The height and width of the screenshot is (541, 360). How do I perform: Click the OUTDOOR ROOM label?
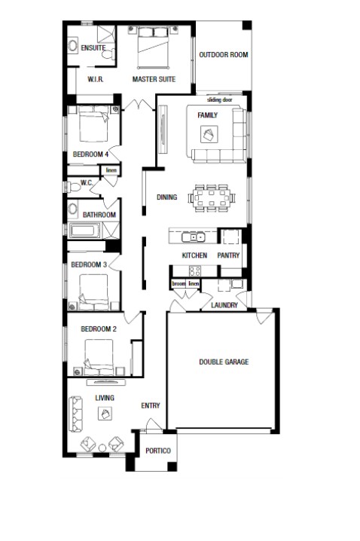coord(224,54)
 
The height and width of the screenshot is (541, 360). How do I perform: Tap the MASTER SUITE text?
coord(154,79)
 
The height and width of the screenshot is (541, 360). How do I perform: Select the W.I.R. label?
coord(96,79)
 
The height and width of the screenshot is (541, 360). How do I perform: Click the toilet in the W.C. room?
coord(73,188)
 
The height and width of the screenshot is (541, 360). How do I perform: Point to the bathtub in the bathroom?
coord(84,231)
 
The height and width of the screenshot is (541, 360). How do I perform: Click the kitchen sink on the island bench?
coord(194,237)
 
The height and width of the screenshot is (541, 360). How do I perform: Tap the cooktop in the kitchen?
coord(195,270)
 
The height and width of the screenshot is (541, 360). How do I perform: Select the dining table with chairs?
coord(212,198)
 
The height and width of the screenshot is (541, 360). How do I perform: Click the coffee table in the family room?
coord(209,134)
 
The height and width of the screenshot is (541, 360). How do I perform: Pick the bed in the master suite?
coord(153,47)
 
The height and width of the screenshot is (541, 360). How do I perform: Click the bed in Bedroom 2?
coord(99,357)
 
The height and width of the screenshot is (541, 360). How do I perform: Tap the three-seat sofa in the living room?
coord(75,414)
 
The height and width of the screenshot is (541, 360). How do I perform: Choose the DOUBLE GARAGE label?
coord(224,362)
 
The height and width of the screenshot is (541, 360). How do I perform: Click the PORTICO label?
coord(158,451)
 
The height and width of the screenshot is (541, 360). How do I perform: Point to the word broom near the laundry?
coord(178,283)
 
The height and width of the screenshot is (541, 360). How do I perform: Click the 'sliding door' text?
coord(220,99)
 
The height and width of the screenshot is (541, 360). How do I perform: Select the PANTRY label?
coord(228,255)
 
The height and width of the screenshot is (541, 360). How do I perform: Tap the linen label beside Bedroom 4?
coord(111,170)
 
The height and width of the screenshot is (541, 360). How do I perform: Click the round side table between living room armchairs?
coord(102,448)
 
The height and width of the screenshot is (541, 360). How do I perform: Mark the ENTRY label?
coord(151,405)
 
